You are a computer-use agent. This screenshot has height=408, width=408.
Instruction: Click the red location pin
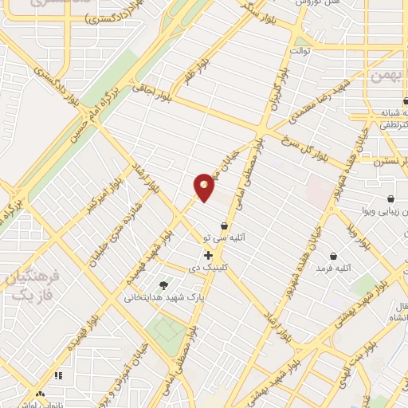click(x=205, y=187)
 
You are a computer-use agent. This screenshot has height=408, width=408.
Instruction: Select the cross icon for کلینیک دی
click(x=209, y=256)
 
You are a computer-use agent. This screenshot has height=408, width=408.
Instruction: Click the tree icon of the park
click(x=163, y=284)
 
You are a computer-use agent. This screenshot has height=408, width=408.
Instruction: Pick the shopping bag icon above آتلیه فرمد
click(x=333, y=256)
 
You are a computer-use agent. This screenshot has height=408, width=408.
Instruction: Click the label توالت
click(x=300, y=51)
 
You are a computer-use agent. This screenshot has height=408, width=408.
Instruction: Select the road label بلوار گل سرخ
click(x=298, y=148)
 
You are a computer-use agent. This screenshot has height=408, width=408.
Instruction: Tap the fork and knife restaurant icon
click(x=57, y=375)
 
